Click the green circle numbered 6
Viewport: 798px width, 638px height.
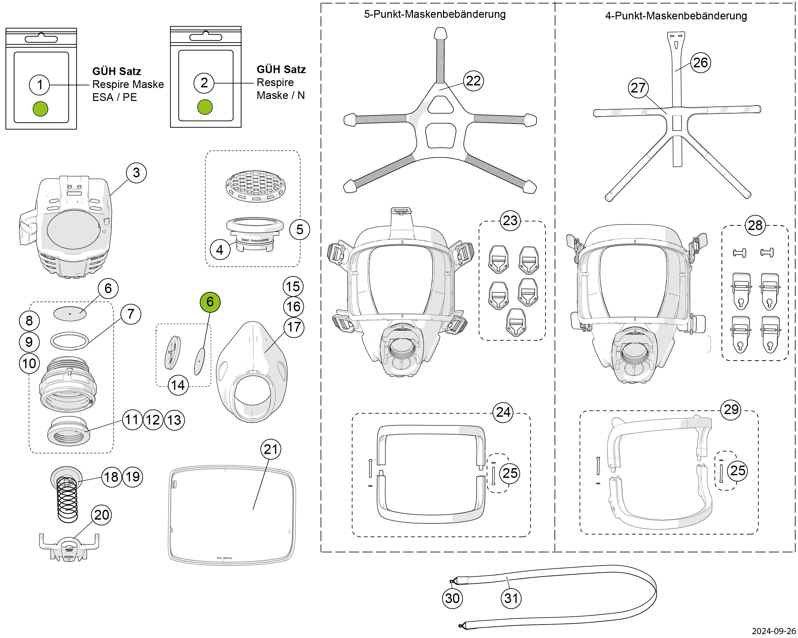pyautogui.click(x=210, y=302)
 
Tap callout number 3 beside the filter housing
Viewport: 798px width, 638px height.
pyautogui.click(x=136, y=172)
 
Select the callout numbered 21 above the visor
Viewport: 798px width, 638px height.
pyautogui.click(x=271, y=449)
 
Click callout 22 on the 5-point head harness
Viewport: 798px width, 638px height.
pyautogui.click(x=473, y=81)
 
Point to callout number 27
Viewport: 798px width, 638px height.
pyautogui.click(x=638, y=88)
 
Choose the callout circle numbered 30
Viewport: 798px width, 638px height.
pyautogui.click(x=452, y=599)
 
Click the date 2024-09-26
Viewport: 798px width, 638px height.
pyautogui.click(x=774, y=631)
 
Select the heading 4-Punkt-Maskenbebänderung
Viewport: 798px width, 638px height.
pyautogui.click(x=676, y=16)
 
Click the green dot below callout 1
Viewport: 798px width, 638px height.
pyautogui.click(x=40, y=109)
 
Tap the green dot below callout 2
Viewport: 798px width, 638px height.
pyautogui.click(x=205, y=107)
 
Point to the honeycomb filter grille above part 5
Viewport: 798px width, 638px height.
pyautogui.click(x=255, y=186)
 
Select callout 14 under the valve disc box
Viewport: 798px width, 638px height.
pyautogui.click(x=178, y=385)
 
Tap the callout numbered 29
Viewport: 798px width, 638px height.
pyautogui.click(x=731, y=410)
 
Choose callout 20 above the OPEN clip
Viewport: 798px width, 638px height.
pyautogui.click(x=101, y=515)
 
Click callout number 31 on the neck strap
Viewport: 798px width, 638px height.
pyautogui.click(x=511, y=599)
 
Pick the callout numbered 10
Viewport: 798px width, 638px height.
pyautogui.click(x=29, y=363)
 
